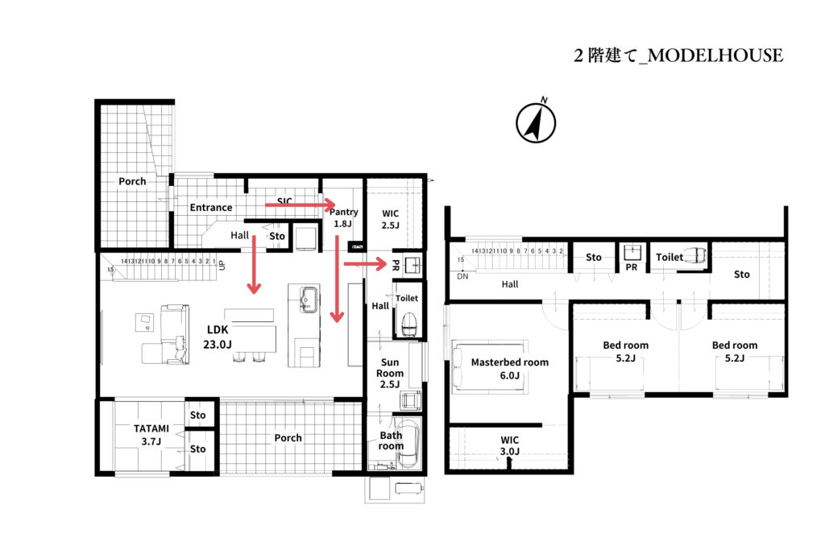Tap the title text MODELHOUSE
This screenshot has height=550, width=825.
pyautogui.click(x=678, y=56)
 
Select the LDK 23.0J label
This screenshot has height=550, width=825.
pyautogui.click(x=218, y=337)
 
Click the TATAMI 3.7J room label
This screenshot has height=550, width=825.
pyautogui.click(x=147, y=435)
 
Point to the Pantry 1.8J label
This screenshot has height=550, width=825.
pyautogui.click(x=344, y=217)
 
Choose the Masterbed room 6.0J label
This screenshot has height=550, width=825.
pyautogui.click(x=509, y=368)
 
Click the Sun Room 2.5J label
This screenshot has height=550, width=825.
pyautogui.click(x=390, y=373)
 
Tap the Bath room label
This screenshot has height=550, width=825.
pyautogui.click(x=391, y=440)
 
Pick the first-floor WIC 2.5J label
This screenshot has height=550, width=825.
pyautogui.click(x=390, y=219)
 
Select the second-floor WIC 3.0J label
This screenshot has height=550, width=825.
pyautogui.click(x=509, y=445)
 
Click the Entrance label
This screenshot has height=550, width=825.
pyautogui.click(x=211, y=207)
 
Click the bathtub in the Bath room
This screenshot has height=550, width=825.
pyautogui.click(x=410, y=444)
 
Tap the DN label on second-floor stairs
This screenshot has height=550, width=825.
pyautogui.click(x=462, y=275)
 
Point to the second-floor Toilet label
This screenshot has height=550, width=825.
pyautogui.click(x=669, y=257)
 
